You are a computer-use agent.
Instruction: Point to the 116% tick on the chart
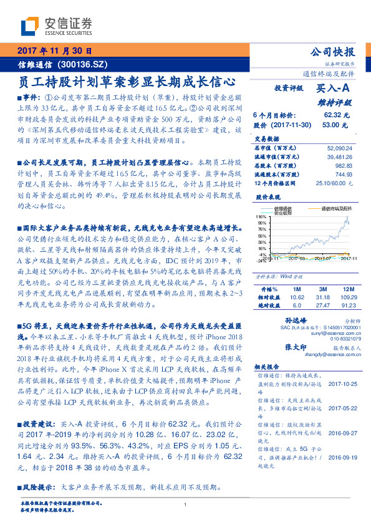click(261, 216)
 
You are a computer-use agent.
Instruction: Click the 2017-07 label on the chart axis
click(322, 258)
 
